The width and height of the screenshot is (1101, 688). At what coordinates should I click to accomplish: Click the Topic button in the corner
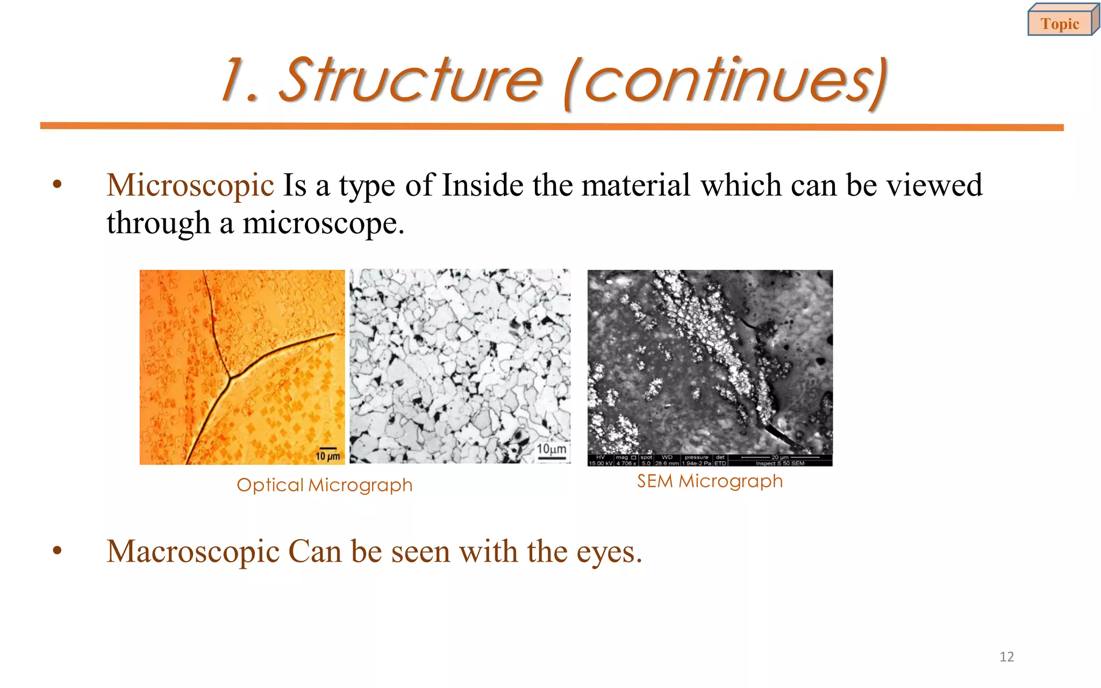point(1060,23)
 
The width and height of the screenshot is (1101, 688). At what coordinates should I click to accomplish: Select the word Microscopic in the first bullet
point(190,186)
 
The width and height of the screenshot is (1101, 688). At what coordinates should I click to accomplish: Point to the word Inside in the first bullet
point(482,185)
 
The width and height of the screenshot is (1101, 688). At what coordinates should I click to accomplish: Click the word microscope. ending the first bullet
point(323,224)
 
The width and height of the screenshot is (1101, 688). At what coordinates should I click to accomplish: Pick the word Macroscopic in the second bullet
point(193,552)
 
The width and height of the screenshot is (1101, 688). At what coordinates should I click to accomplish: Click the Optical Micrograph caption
point(324,485)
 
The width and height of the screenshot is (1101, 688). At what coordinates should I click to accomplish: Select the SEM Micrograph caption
point(710,481)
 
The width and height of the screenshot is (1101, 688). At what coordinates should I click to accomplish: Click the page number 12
point(1006,656)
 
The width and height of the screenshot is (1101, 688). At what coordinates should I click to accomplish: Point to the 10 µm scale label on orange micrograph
point(327,456)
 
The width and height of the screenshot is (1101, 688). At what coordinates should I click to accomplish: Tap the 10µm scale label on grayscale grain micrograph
point(552,449)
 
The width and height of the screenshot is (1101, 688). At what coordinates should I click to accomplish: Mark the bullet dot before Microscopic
point(58,185)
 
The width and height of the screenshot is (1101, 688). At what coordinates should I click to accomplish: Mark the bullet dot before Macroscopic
point(58,551)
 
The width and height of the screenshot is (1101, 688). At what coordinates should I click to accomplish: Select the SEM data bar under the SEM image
point(710,460)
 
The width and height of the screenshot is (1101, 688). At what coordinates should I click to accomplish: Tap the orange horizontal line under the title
point(552,126)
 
